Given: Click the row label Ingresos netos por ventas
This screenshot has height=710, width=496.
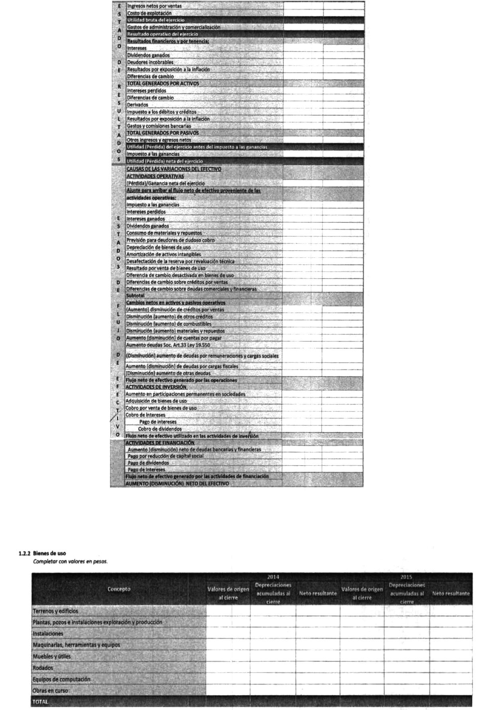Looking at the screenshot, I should click(x=154, y=6).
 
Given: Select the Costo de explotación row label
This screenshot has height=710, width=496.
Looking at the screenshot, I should click(x=149, y=13).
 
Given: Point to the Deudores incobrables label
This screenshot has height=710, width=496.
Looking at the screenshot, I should click(x=150, y=62).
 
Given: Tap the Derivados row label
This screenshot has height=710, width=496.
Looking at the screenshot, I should click(x=137, y=105).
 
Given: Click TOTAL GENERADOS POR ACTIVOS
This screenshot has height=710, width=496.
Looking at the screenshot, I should click(x=163, y=83).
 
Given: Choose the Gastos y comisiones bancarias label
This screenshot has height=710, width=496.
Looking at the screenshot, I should click(x=159, y=126).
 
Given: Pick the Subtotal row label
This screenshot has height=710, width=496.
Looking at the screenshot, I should click(x=135, y=296).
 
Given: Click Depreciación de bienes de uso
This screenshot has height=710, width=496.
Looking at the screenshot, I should click(x=158, y=247).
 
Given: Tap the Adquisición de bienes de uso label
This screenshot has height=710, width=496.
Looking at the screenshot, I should click(x=156, y=401).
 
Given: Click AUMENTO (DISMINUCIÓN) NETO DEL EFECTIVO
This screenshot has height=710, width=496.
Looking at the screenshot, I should click(x=177, y=484).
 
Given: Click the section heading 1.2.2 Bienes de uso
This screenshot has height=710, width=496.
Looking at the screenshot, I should click(x=42, y=553).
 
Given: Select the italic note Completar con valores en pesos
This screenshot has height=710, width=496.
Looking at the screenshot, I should click(x=70, y=562).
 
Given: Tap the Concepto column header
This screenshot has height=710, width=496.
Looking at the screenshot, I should click(x=119, y=589).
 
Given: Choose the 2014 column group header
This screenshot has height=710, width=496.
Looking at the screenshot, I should click(x=273, y=577).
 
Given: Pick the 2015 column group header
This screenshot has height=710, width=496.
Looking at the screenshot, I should click(x=406, y=577).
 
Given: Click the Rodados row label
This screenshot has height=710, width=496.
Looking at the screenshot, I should click(x=43, y=668).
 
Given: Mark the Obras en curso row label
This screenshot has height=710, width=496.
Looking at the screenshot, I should click(x=50, y=691).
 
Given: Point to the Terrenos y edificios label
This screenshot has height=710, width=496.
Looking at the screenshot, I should click(x=55, y=611).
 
